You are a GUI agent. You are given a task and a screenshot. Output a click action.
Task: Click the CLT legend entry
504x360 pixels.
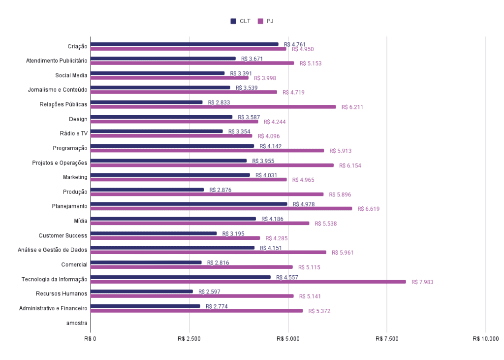pyautogui.click(x=240, y=21)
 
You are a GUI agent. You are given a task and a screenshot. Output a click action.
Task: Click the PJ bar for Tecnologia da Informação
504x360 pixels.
pyautogui.click(x=248, y=282)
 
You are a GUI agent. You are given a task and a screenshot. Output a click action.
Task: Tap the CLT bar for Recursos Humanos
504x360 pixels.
pyautogui.click(x=142, y=291)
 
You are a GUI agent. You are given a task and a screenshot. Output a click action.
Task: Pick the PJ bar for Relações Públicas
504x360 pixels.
pyautogui.click(x=213, y=106)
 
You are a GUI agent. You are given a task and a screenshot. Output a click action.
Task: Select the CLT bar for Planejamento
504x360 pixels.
pyautogui.click(x=189, y=203)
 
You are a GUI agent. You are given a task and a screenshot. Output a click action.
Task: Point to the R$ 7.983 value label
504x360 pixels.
pyautogui.click(x=422, y=282)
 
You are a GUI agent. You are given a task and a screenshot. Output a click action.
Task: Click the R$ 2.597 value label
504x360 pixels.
pyautogui.click(x=209, y=292)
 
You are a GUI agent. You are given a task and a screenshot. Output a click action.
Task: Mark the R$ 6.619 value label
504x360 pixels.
pyautogui.click(x=369, y=209)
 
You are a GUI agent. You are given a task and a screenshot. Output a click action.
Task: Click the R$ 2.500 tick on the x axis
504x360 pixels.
pyautogui.click(x=189, y=339)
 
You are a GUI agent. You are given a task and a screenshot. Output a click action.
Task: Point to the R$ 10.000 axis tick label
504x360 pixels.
pyautogui.click(x=485, y=339)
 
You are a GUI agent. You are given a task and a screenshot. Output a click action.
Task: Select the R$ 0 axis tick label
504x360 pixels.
pyautogui.click(x=91, y=339)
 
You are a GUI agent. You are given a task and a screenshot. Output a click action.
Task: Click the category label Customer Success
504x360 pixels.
pyautogui.click(x=63, y=235)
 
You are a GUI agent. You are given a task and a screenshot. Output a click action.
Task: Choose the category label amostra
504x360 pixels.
pyautogui.click(x=77, y=323)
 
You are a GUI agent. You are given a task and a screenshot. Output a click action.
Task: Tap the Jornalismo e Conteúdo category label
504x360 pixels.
pyautogui.click(x=57, y=90)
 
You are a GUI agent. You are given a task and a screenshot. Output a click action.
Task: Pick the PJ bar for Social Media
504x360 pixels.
pyautogui.click(x=169, y=77)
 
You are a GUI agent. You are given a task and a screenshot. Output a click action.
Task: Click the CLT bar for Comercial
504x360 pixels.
pyautogui.click(x=146, y=262)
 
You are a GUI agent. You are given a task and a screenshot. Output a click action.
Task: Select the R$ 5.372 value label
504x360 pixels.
pyautogui.click(x=319, y=311)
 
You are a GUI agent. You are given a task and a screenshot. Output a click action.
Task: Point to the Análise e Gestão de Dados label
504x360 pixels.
pyautogui.click(x=53, y=250)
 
